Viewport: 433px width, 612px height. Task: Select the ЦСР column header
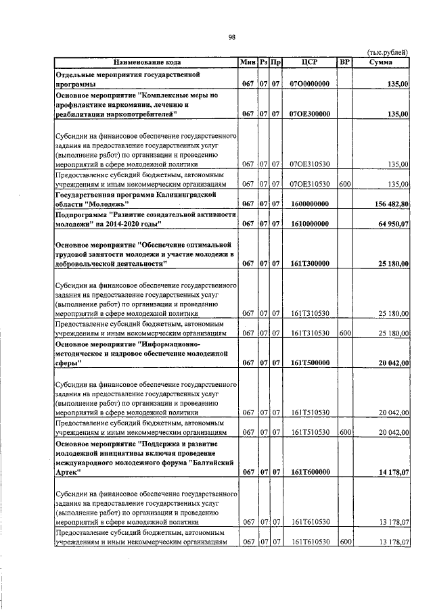(309, 62)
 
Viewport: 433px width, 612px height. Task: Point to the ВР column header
(344, 62)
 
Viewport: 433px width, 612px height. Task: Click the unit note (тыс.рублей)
(386, 52)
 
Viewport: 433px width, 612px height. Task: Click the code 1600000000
(309, 204)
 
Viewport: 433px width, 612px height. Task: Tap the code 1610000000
(309, 223)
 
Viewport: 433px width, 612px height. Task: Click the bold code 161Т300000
(309, 264)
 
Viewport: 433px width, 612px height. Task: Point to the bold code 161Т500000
(309, 363)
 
